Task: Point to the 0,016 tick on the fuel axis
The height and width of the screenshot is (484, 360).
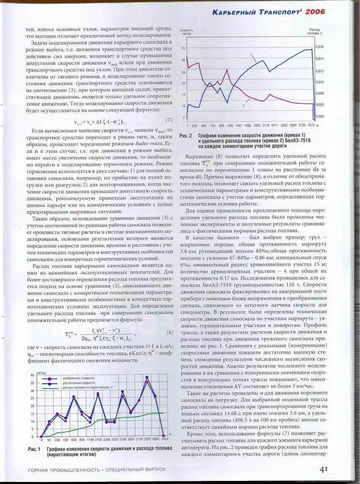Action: pos(319,47)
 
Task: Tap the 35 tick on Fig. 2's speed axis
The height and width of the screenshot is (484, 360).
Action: pos(183,49)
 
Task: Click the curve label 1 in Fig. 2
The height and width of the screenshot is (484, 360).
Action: pos(251,55)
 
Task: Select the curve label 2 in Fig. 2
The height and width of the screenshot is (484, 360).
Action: pos(244,106)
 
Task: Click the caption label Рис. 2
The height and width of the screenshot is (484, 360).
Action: pos(186,136)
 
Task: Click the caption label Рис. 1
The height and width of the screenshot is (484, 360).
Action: pos(34,449)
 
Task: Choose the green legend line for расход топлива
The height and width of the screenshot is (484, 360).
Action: pos(49,387)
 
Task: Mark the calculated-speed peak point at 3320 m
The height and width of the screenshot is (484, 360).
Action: pos(147,377)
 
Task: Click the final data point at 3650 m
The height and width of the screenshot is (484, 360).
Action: pos(163,435)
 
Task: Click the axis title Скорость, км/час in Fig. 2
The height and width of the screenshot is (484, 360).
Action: pos(187,31)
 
